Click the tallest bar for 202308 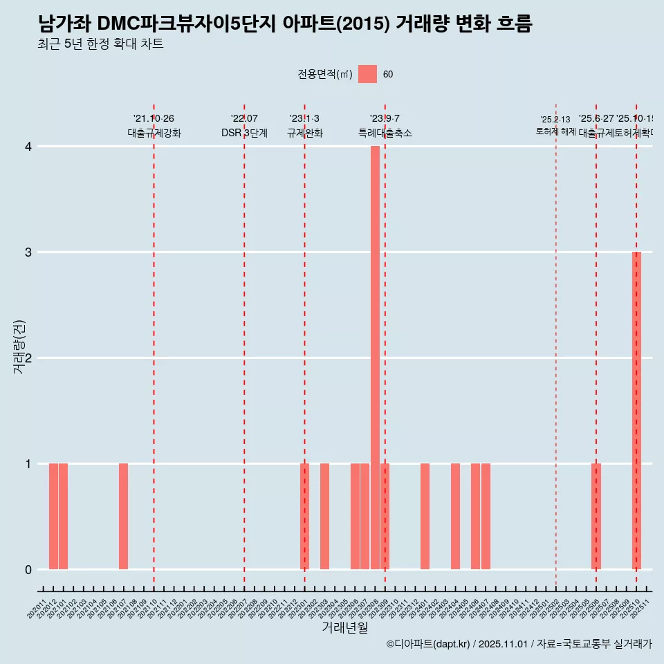(375, 357)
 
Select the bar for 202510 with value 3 (636, 410)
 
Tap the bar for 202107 (123, 516)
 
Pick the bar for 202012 (53, 516)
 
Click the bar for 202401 (425, 516)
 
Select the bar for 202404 (455, 516)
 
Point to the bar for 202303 (324, 516)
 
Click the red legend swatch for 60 (367, 74)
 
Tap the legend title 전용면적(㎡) (325, 75)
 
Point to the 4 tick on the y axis (28, 146)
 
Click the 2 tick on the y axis (28, 358)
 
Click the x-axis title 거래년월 (344, 627)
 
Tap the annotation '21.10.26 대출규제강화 (154, 126)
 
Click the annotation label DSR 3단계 (244, 133)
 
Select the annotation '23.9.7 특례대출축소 (385, 126)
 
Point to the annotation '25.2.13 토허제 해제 (555, 125)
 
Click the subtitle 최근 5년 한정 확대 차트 (101, 44)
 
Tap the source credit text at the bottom (519, 644)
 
